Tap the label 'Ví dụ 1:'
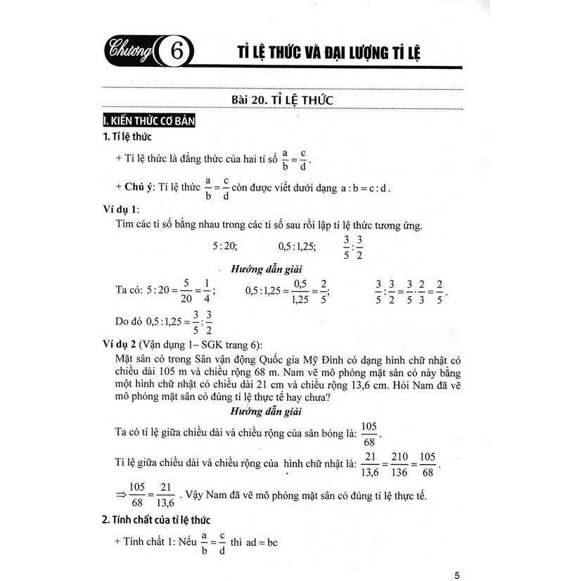121,210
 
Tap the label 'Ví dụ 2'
120,343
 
